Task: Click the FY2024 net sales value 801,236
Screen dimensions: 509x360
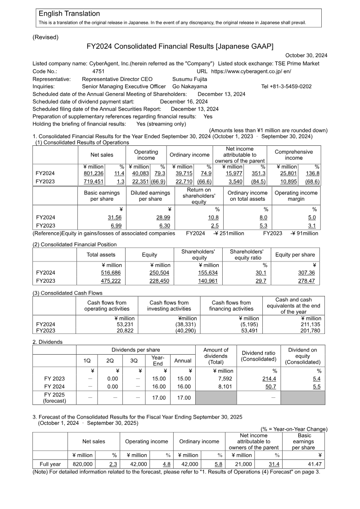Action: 94,173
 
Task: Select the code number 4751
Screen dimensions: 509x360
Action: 98,71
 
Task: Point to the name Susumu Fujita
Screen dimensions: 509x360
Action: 190,79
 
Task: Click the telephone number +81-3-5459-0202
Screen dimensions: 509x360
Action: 286,86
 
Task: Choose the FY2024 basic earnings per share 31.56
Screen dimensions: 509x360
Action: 115,217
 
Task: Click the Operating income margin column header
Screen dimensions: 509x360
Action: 296,196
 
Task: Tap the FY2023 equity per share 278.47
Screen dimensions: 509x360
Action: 306,281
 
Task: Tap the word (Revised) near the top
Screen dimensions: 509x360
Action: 45,37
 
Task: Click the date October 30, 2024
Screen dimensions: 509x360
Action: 306,55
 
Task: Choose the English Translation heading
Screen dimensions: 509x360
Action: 69,14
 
